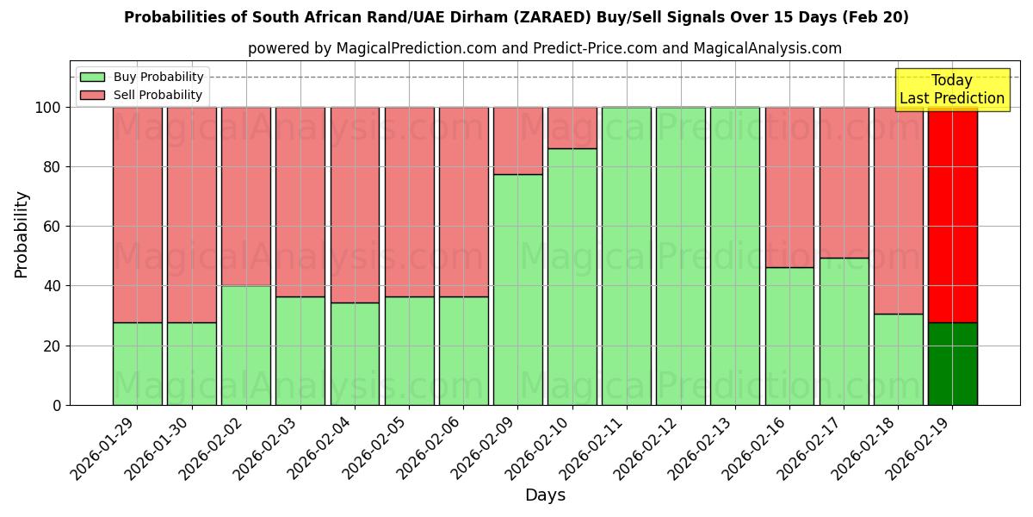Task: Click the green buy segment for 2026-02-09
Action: click(518, 290)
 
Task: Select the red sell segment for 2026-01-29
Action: click(138, 215)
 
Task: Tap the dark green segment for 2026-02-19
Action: click(953, 364)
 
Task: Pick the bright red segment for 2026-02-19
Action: click(953, 215)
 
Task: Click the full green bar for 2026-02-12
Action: click(681, 256)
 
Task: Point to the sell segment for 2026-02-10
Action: click(572, 128)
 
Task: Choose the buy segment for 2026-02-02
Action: click(246, 345)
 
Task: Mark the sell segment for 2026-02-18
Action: click(899, 210)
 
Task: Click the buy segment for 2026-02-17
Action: click(844, 332)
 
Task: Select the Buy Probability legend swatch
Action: click(92, 78)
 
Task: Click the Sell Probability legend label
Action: click(158, 95)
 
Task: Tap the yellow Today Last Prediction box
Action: click(951, 90)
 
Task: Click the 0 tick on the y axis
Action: click(57, 405)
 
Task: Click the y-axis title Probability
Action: click(22, 234)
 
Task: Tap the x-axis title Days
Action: click(545, 495)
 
